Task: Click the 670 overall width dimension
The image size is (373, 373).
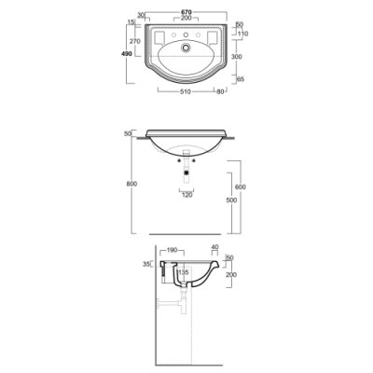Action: point(186,12)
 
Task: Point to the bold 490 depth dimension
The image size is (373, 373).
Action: point(127,54)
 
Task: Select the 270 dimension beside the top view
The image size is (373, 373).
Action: point(135,41)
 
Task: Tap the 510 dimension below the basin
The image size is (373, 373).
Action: point(186,91)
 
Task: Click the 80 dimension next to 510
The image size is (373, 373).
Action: point(220,91)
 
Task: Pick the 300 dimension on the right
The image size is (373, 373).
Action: point(237,57)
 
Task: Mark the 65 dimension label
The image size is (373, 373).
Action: point(241,79)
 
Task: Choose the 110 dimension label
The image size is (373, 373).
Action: point(242,34)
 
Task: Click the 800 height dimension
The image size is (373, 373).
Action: point(131,184)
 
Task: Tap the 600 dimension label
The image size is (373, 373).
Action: point(241,186)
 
